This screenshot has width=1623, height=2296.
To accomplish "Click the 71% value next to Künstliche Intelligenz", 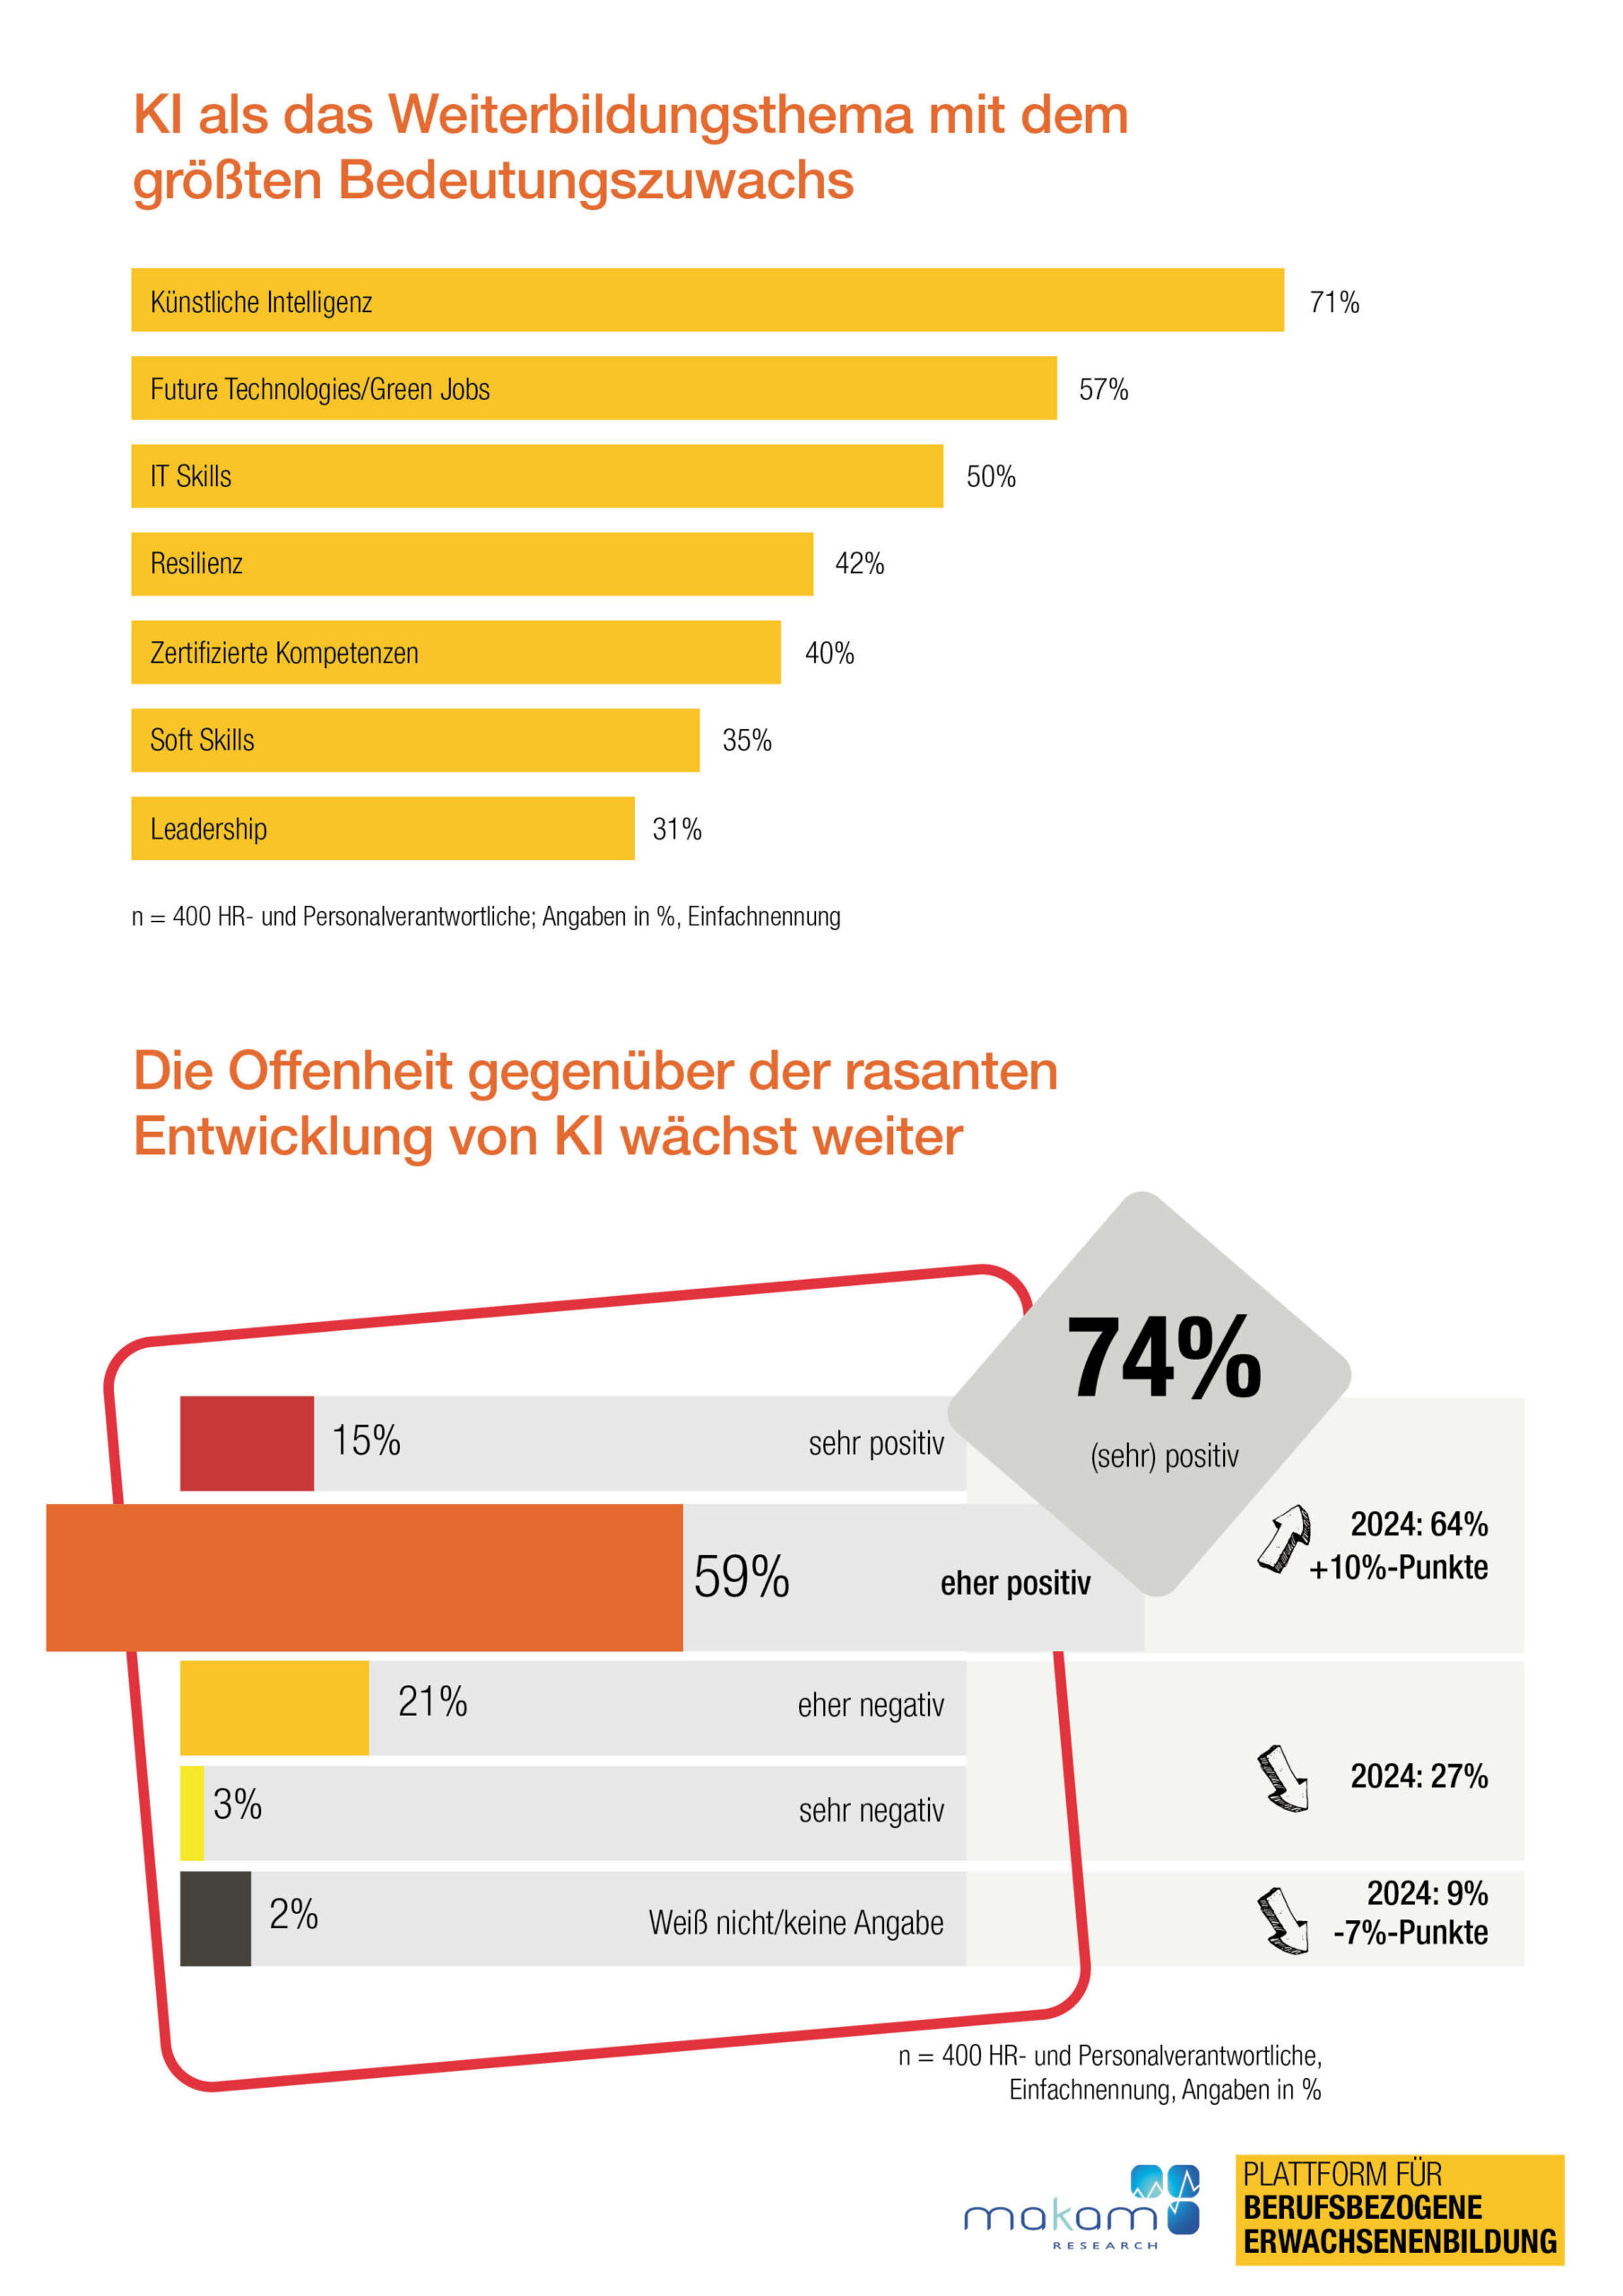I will tap(1334, 302).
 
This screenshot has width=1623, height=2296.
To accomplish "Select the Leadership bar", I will tap(382, 828).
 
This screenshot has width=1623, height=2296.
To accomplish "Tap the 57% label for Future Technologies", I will tap(1103, 389).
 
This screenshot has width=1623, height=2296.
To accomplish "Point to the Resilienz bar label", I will tap(196, 564).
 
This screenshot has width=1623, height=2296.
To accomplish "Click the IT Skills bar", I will tap(536, 476).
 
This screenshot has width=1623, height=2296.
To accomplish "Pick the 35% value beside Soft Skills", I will tap(747, 740).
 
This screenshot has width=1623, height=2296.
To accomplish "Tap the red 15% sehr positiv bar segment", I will tap(246, 1443).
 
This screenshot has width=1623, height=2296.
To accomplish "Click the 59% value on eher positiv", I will tap(741, 1577).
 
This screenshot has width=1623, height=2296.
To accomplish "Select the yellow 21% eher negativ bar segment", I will tap(274, 1708).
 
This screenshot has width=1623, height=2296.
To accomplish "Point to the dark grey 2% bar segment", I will tap(215, 1918).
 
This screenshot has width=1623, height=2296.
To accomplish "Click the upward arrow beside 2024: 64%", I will tap(1283, 1538).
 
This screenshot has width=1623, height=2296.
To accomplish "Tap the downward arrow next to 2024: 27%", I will tap(1283, 1778).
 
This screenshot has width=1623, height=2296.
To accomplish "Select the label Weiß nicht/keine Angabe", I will tap(795, 1922).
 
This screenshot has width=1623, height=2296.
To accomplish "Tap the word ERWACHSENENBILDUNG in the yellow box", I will tap(1400, 2242).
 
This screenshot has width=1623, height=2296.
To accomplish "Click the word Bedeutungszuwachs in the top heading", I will tap(595, 180).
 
